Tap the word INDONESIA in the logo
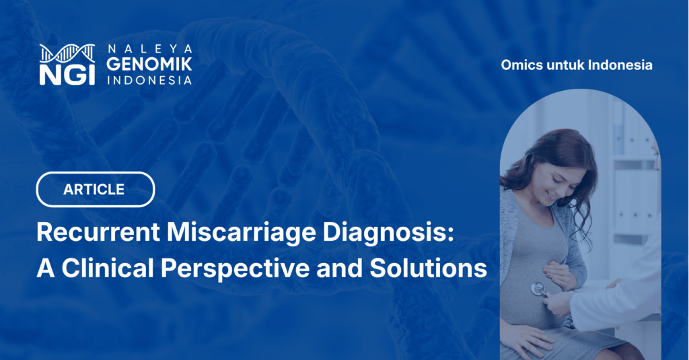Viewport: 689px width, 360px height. (150, 79)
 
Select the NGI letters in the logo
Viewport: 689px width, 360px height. (67, 73)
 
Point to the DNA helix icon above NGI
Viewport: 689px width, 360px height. (67, 52)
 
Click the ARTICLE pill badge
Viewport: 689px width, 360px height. (95, 189)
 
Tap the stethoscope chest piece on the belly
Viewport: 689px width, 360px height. (538, 287)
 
